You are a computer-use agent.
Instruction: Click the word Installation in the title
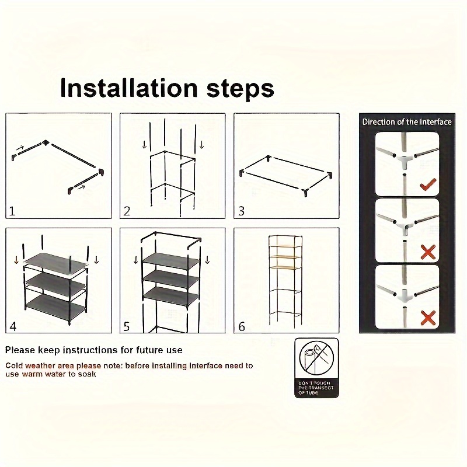[x=128, y=88]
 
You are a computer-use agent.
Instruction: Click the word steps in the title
[x=240, y=89]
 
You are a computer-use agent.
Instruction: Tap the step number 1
[x=12, y=211]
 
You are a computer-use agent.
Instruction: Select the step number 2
[x=127, y=211]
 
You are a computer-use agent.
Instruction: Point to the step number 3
[x=242, y=211]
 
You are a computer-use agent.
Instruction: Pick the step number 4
[x=13, y=326]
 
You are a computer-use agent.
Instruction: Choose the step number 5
[x=127, y=326]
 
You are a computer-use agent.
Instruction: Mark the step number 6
[x=242, y=326]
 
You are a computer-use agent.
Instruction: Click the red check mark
[x=428, y=184]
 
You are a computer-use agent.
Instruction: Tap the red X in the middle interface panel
[x=428, y=252]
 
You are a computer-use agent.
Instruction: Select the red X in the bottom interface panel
[x=428, y=318]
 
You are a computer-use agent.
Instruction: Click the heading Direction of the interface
[x=407, y=122]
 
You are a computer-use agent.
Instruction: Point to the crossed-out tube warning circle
[x=316, y=358]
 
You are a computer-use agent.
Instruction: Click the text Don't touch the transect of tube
[x=316, y=388]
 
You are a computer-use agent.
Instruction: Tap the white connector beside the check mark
[x=404, y=159]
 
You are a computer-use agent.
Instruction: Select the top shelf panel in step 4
[x=55, y=262]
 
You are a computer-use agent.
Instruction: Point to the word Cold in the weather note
[x=14, y=365]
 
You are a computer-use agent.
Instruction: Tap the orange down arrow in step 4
[x=16, y=260]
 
